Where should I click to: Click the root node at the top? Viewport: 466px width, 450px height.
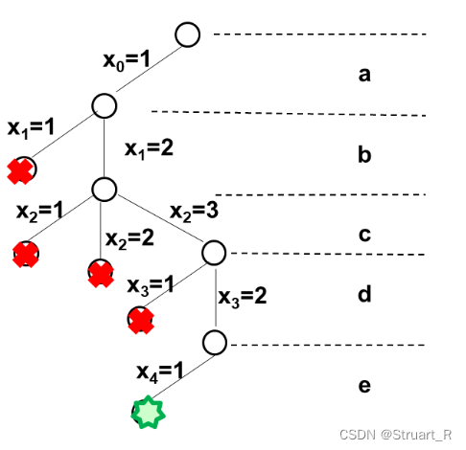(x=188, y=34)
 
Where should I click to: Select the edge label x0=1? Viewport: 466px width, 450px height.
(x=127, y=60)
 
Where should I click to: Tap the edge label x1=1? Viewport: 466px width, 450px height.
(x=31, y=128)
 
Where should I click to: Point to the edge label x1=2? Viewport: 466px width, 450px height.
(x=149, y=149)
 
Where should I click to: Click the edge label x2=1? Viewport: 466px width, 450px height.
(x=39, y=212)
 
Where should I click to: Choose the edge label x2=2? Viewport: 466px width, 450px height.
(x=129, y=238)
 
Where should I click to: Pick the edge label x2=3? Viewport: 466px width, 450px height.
(x=195, y=212)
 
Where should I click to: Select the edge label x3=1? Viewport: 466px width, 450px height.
(x=151, y=285)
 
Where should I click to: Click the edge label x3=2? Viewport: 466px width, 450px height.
(x=243, y=298)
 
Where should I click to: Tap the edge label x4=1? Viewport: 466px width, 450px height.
(x=160, y=372)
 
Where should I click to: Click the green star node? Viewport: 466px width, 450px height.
(x=149, y=412)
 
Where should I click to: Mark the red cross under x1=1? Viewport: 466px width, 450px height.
(x=20, y=171)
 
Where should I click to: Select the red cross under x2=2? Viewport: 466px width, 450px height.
(x=101, y=275)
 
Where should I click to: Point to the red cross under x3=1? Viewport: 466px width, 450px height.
(x=141, y=321)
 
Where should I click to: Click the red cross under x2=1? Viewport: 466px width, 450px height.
(x=26, y=255)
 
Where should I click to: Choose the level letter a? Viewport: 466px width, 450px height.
(x=364, y=76)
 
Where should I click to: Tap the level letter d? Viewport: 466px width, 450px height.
(x=364, y=294)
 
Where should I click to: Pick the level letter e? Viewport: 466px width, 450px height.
(x=364, y=386)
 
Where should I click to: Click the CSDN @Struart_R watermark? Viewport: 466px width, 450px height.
(x=396, y=435)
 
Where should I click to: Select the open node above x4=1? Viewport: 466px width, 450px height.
(x=215, y=343)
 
